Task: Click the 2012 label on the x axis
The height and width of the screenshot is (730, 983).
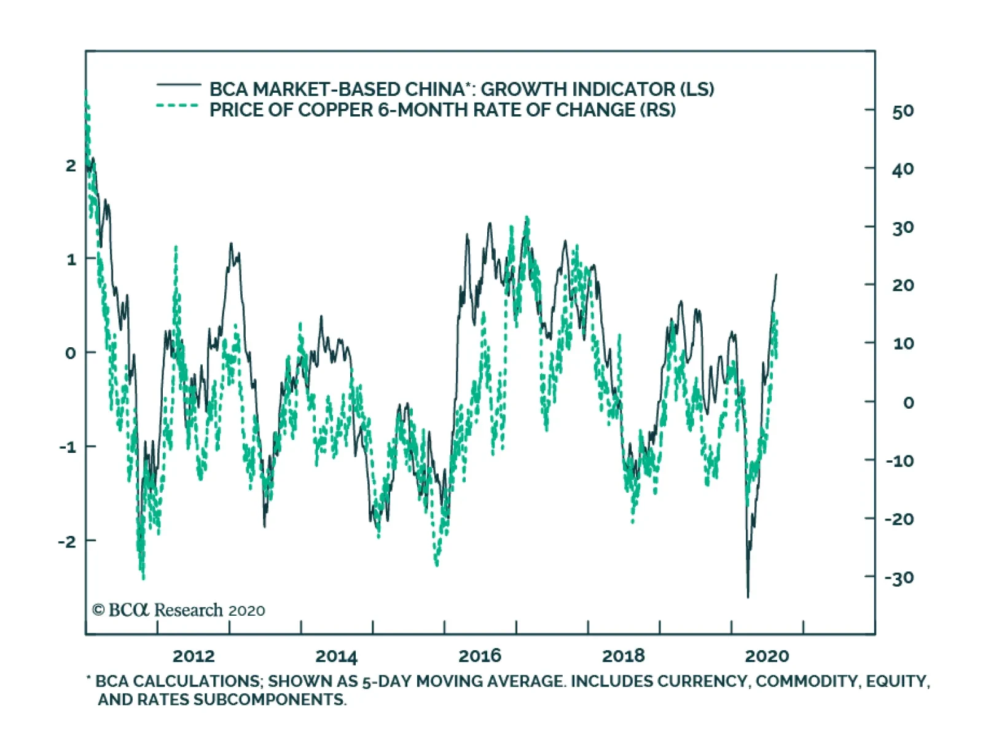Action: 194,656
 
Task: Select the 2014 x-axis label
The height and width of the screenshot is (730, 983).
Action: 336,656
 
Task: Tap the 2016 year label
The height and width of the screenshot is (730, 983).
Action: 480,656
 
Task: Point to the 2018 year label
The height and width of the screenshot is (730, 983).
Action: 623,656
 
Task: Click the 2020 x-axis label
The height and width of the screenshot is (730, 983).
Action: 767,656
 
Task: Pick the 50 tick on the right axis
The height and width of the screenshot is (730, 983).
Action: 903,111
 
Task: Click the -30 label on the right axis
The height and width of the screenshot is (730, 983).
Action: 899,578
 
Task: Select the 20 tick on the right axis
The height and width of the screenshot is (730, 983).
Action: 903,285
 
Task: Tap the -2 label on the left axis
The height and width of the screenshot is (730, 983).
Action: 68,541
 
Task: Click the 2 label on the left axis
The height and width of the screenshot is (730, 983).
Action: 71,165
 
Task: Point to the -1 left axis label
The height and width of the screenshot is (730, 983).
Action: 68,447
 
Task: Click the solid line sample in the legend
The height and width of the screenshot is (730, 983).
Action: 178,84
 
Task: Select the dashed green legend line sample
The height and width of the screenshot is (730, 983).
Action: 178,106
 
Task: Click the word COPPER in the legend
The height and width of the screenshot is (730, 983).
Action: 335,110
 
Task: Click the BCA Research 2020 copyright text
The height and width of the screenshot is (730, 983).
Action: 178,610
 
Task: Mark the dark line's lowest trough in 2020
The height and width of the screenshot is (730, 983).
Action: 748,597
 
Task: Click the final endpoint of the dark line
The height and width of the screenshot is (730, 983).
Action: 777,275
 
